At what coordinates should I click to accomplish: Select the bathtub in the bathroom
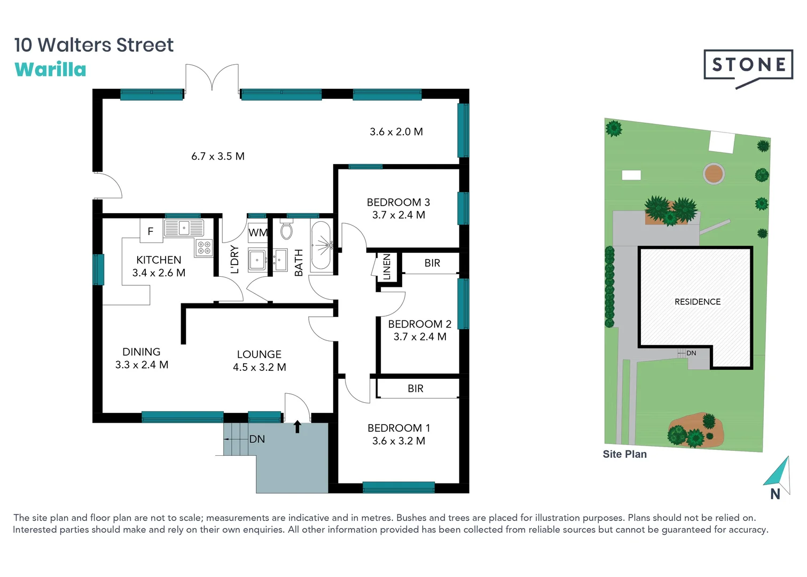pyautogui.click(x=321, y=246)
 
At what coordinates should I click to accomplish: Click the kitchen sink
pyautogui.click(x=184, y=228)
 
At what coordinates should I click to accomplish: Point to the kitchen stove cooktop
pyautogui.click(x=204, y=247)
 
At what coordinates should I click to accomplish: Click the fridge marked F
pyautogui.click(x=151, y=231)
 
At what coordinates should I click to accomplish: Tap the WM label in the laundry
pyautogui.click(x=258, y=232)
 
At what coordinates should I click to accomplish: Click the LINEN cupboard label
pyautogui.click(x=387, y=267)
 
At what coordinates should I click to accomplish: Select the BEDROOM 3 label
pyautogui.click(x=398, y=202)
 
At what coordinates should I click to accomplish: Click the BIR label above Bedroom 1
pyautogui.click(x=416, y=389)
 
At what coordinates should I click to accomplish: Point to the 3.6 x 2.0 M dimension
pyautogui.click(x=396, y=132)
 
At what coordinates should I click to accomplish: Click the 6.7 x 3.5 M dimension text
pyautogui.click(x=218, y=157)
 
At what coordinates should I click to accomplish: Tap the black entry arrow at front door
pyautogui.click(x=297, y=427)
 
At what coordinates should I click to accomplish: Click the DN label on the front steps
pyautogui.click(x=257, y=439)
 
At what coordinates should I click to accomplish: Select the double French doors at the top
pyautogui.click(x=212, y=79)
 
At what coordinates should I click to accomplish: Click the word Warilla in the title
pyautogui.click(x=50, y=69)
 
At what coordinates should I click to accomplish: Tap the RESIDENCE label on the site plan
pyautogui.click(x=698, y=302)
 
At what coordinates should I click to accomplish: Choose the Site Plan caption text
pyautogui.click(x=624, y=454)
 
